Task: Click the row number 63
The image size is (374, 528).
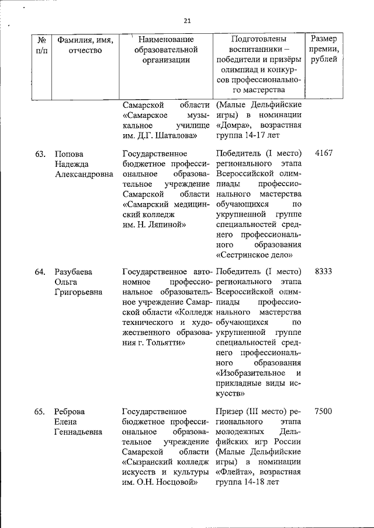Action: pyautogui.click(x=40, y=154)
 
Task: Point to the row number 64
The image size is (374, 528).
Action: pyautogui.click(x=40, y=271)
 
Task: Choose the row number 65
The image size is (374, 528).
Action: pyautogui.click(x=40, y=411)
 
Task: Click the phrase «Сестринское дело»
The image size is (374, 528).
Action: pyautogui.click(x=254, y=254)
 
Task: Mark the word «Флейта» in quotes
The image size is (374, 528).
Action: pyautogui.click(x=237, y=472)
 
